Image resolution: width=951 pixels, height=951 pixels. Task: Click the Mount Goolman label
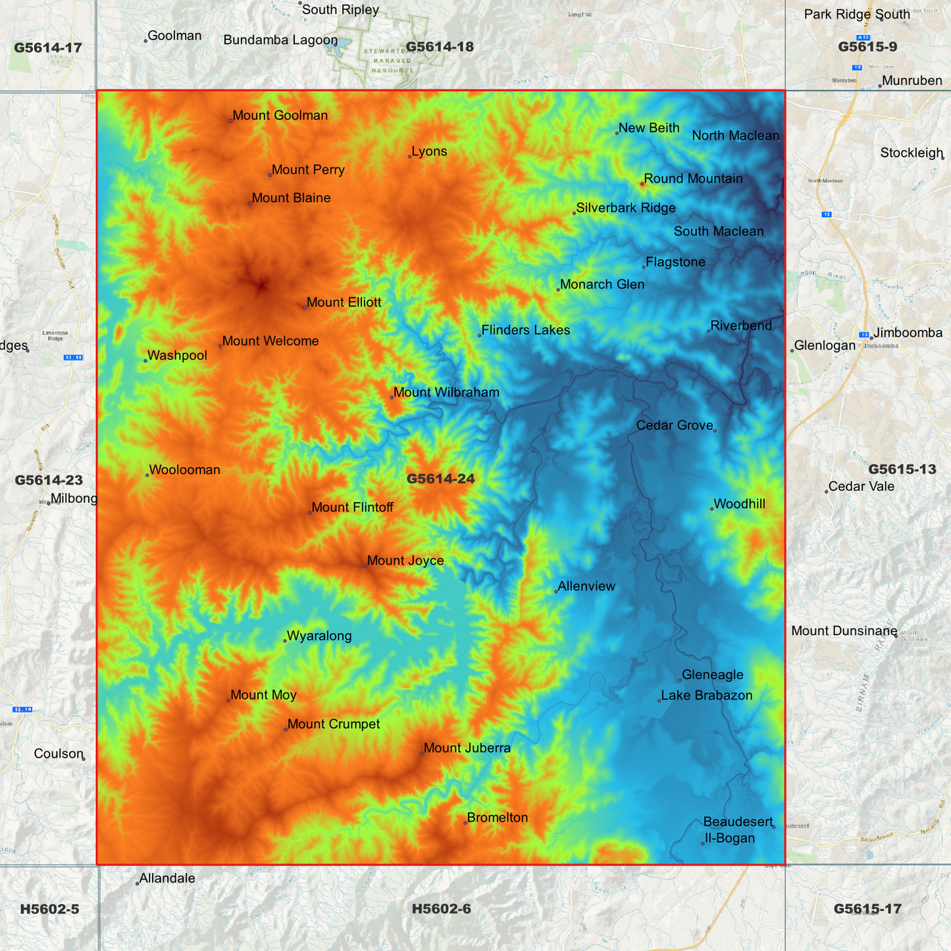280,116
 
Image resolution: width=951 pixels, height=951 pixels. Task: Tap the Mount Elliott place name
344,303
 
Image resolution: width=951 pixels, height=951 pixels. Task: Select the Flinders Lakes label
525,330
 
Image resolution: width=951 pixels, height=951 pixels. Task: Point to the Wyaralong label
319,636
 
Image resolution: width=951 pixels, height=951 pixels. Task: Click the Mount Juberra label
467,748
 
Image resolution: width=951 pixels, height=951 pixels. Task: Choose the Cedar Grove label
675,426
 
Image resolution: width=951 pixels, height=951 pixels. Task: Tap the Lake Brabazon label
706,696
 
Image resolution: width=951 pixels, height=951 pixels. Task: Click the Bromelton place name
497,818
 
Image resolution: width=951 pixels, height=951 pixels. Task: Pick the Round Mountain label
693,179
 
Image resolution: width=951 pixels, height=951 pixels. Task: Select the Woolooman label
184,471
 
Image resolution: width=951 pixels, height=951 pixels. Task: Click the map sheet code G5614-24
440,479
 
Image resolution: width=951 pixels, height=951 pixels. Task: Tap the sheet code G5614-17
48,47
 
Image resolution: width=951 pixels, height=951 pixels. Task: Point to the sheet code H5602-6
441,909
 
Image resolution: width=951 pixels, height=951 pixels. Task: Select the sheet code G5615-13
902,469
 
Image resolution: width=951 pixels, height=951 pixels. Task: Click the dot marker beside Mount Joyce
365,566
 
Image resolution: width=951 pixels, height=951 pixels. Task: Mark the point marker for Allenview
556,592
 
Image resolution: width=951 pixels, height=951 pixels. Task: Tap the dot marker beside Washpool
145,361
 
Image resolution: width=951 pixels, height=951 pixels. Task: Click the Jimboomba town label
908,333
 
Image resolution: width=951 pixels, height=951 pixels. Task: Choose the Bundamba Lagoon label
280,40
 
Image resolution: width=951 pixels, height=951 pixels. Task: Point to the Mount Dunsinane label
844,631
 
